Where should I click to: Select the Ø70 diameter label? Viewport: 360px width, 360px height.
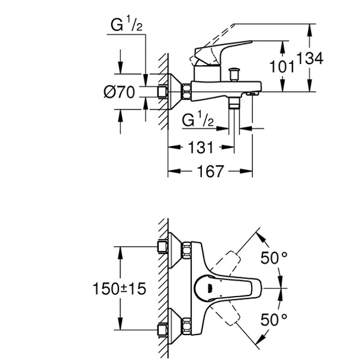[120, 92]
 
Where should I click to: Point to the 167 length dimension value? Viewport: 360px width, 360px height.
[211, 172]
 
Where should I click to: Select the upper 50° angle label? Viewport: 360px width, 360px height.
[274, 259]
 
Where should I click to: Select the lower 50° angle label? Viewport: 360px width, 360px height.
[274, 319]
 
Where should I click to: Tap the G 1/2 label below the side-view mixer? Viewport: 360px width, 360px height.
[198, 121]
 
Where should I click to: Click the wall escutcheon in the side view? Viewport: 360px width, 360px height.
[173, 91]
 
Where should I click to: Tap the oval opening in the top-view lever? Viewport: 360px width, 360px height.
[212, 289]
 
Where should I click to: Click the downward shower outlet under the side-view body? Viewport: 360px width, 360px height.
[235, 104]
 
